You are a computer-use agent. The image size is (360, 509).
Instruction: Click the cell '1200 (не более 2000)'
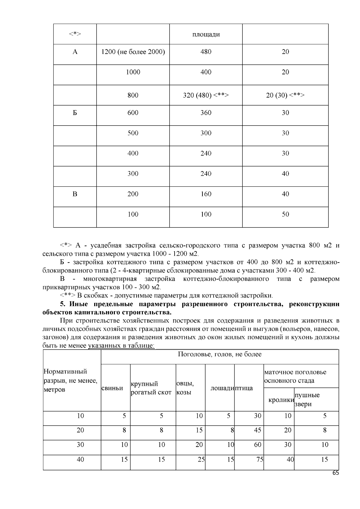(x=133, y=52)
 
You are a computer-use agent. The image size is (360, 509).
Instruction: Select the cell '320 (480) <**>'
(x=206, y=95)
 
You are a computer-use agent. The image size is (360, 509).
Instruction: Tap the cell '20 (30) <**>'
(x=285, y=95)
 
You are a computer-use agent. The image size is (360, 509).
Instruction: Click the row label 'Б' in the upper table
(x=75, y=113)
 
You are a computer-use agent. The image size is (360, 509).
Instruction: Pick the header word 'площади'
(x=206, y=34)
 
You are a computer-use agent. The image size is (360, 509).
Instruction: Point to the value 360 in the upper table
(x=206, y=113)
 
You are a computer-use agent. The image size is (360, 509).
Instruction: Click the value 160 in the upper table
(x=206, y=194)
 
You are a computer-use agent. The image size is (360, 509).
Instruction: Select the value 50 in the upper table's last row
(x=285, y=214)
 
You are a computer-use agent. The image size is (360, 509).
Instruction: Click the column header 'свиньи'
(x=112, y=388)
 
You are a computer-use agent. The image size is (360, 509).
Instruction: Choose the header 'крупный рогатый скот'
(x=151, y=388)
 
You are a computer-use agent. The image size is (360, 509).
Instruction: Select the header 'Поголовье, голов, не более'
(x=220, y=354)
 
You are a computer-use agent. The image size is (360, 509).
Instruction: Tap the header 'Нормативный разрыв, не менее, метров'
(x=70, y=380)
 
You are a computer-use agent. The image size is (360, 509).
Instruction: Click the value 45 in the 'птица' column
(x=257, y=430)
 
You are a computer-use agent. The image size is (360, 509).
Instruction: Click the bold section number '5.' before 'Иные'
(x=63, y=304)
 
